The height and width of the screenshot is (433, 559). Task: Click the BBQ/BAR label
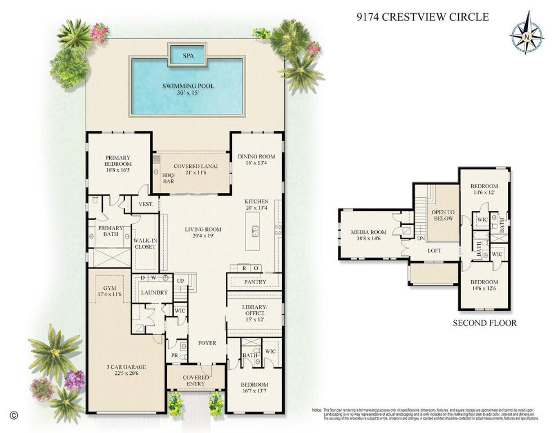pyautogui.click(x=168, y=178)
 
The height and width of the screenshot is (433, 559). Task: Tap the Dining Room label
pyautogui.click(x=256, y=161)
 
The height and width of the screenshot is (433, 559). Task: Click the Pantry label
pyautogui.click(x=254, y=281)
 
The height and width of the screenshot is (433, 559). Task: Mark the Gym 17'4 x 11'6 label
pyautogui.click(x=109, y=291)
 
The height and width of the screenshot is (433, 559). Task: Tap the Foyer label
pyautogui.click(x=206, y=343)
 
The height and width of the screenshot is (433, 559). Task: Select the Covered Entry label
pyautogui.click(x=196, y=381)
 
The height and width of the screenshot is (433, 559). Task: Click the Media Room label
pyautogui.click(x=369, y=235)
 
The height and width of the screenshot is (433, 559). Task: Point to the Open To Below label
pyautogui.click(x=441, y=215)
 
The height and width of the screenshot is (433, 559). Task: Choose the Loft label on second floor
pyautogui.click(x=434, y=251)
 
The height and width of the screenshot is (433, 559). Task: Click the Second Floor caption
pyautogui.click(x=484, y=323)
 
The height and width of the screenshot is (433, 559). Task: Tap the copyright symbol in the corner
pyautogui.click(x=15, y=416)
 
